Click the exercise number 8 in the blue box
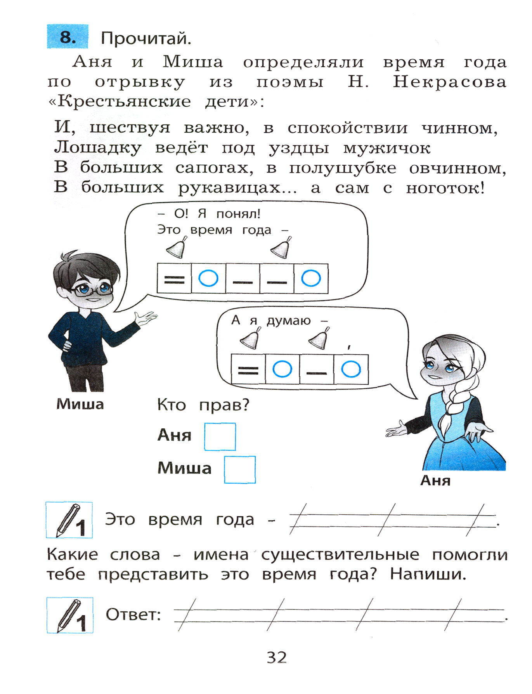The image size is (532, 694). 68,37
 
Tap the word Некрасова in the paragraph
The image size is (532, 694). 449,82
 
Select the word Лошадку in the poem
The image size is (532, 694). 97,148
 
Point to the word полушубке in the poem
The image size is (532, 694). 343,168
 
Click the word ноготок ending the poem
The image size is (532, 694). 445,188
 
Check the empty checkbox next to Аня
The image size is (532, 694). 220,436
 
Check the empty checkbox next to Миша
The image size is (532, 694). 240,469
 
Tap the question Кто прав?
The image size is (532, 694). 203,405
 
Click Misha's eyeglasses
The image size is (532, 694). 93,289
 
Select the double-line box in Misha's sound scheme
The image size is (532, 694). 174,279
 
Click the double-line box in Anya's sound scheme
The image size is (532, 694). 248,369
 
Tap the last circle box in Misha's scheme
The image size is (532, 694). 311,279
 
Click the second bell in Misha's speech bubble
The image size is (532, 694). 281,248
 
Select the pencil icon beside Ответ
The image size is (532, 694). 70,615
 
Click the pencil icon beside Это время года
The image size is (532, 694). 69,520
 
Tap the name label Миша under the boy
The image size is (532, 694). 80,404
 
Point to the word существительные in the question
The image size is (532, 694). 340,555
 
